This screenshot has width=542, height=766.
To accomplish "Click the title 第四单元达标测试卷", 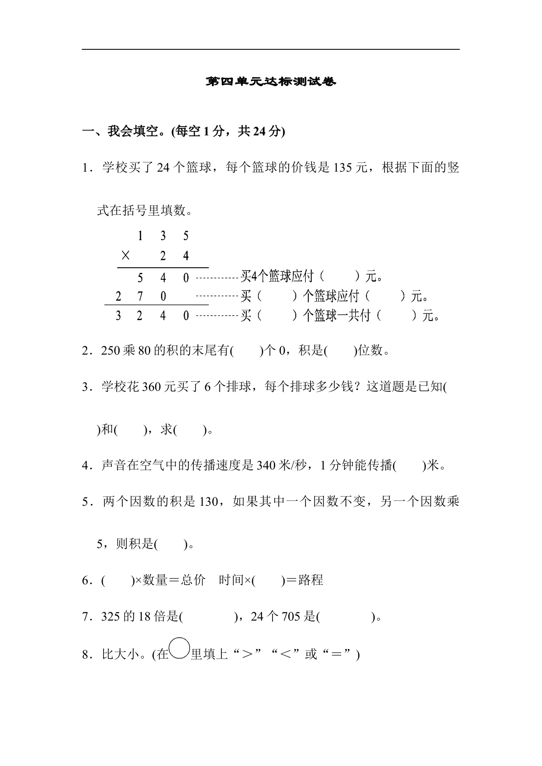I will (271, 82).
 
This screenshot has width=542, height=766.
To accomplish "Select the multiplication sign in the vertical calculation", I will (125, 255).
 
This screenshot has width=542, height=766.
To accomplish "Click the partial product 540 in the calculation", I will (163, 278).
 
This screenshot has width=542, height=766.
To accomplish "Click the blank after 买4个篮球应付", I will (339, 276).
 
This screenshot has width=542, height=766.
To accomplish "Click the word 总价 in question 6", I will (193, 580).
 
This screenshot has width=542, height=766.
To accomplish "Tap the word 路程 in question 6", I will (311, 580).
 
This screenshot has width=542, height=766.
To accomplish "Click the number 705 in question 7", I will (291, 617).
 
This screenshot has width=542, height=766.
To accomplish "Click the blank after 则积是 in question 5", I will (171, 545).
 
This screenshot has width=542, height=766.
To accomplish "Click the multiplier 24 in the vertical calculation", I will (174, 255).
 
